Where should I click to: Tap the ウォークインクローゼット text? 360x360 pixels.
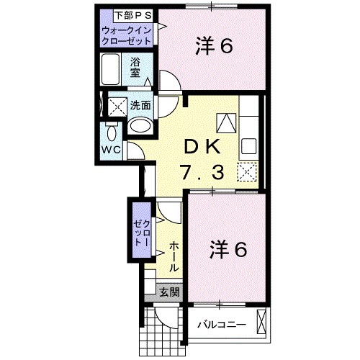click(x=127, y=35)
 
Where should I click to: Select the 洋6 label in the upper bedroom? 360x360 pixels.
click(x=213, y=47)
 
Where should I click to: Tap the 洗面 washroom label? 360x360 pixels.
click(x=141, y=105)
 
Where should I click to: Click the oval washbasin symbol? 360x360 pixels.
click(x=140, y=127)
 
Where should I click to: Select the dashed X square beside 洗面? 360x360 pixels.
click(x=116, y=107)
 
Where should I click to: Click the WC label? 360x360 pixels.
click(x=110, y=150)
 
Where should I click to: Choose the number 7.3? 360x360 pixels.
click(x=204, y=173)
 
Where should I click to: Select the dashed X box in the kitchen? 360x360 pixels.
click(x=248, y=171)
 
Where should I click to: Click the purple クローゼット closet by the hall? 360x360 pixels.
click(x=139, y=232)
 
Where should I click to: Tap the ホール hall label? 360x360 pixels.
click(x=174, y=256)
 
